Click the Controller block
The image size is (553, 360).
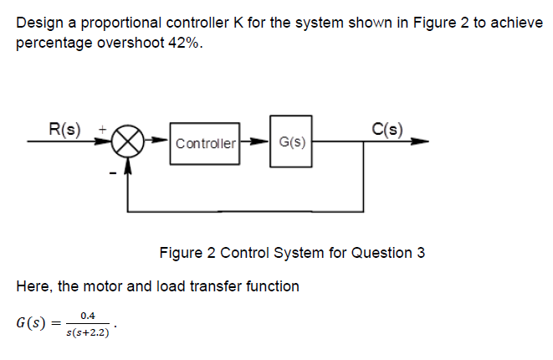tap(206, 143)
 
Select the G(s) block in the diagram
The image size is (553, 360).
tap(290, 142)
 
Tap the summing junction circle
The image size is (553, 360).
tap(128, 142)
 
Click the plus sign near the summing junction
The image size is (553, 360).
tap(103, 131)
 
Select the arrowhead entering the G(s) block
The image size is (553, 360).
tap(264, 142)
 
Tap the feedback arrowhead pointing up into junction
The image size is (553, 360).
tap(128, 163)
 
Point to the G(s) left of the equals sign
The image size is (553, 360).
tap(34, 323)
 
